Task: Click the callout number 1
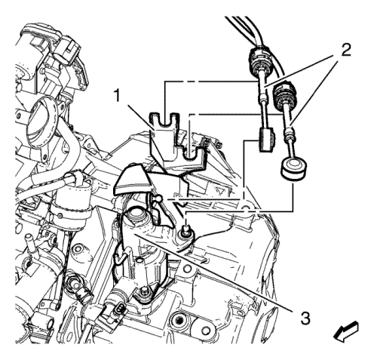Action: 118,96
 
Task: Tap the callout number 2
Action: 345,51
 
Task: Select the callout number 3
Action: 305,318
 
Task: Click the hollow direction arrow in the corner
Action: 346,332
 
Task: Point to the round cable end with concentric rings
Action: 293,168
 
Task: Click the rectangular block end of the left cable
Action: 266,140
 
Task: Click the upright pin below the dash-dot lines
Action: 186,229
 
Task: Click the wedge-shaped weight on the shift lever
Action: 133,180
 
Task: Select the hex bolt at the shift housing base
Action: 144,293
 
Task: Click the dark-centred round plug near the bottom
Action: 178,321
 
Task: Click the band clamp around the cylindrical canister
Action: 69,214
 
